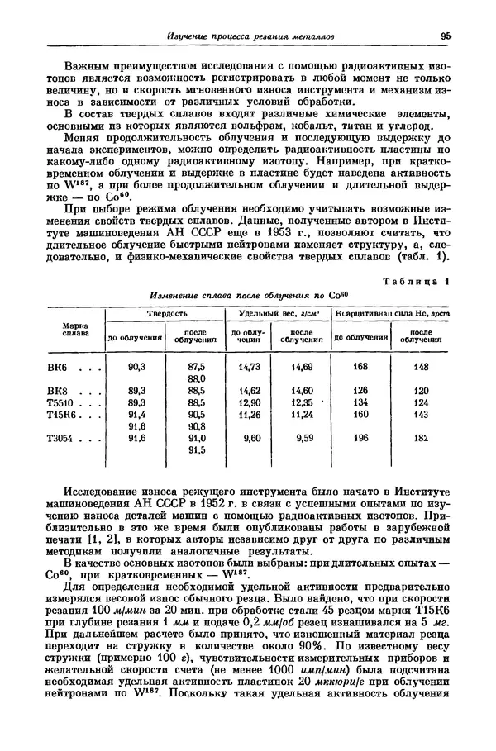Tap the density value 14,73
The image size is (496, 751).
249,366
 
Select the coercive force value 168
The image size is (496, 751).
360,366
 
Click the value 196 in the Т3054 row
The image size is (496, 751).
360,439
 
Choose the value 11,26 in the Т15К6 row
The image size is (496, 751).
249,415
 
